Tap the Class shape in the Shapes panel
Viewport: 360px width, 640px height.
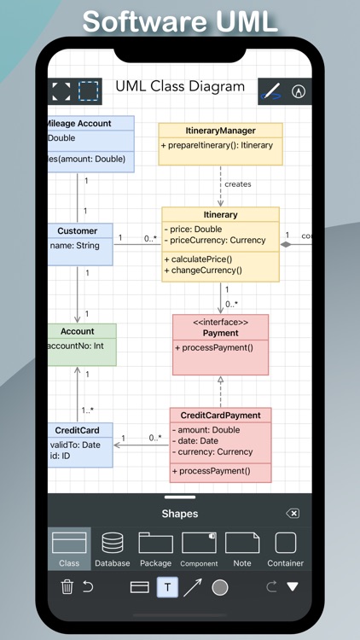tap(69, 543)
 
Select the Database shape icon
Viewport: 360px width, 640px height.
tap(113, 543)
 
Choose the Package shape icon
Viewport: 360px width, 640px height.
tap(155, 543)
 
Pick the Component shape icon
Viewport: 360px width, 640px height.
tap(199, 543)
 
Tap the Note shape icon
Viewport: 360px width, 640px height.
tap(242, 543)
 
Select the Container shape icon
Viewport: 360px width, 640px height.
tap(286, 543)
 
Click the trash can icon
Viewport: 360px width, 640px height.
tap(67, 587)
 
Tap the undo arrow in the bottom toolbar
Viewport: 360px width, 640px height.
tap(88, 587)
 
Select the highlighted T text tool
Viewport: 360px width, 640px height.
tap(167, 587)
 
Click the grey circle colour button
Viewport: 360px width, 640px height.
tap(220, 587)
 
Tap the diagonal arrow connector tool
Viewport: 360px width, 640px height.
tap(193, 587)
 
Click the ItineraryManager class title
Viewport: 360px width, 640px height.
tap(220, 131)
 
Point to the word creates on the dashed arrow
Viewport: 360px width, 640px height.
tap(238, 184)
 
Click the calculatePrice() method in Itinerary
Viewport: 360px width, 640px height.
tap(201, 259)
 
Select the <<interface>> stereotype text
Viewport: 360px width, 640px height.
tap(220, 323)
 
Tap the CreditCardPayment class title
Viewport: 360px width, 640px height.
tap(220, 415)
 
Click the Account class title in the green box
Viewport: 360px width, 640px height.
tap(78, 331)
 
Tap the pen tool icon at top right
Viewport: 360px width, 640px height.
tap(272, 90)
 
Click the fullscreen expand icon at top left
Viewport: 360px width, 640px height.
tap(61, 90)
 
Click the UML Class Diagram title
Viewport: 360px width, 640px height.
tap(180, 86)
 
